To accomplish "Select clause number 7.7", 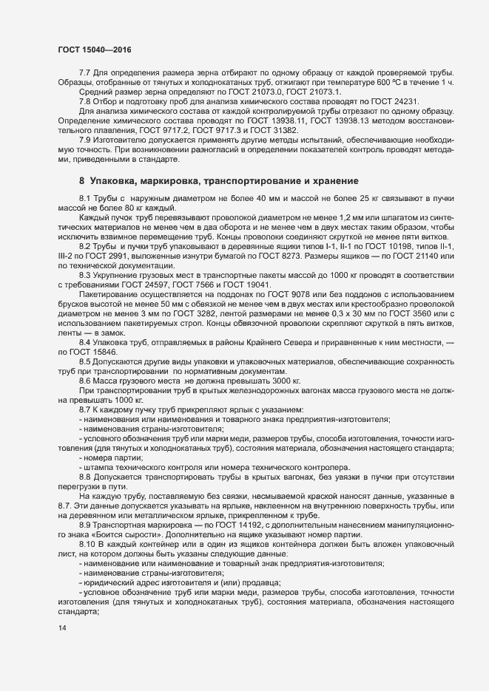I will [x=84, y=74].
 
